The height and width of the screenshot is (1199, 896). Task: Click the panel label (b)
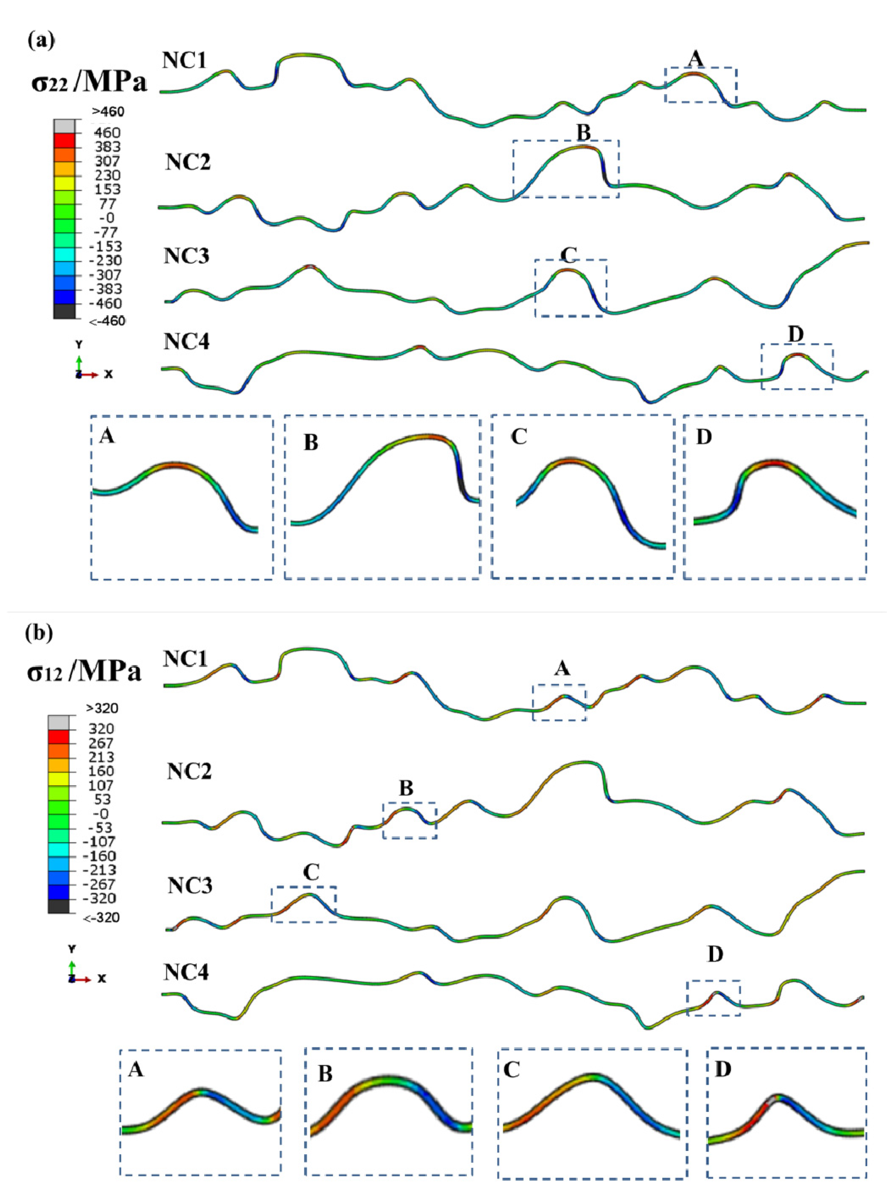(x=39, y=633)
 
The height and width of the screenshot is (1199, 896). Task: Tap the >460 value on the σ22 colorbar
(x=108, y=112)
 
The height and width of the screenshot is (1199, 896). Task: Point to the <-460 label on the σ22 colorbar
(x=107, y=322)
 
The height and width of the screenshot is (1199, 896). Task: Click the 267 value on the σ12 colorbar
(x=101, y=743)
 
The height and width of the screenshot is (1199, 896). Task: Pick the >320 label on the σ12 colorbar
(x=101, y=708)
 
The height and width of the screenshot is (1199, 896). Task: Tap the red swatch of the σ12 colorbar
(x=59, y=737)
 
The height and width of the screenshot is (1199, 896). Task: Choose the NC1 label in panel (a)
(x=185, y=60)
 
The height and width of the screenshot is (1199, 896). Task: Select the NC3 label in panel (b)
(x=190, y=885)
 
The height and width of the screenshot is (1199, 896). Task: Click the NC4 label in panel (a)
(x=186, y=342)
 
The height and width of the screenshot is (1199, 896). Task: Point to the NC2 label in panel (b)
(x=189, y=771)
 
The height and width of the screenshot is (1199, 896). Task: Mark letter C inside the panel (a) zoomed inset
(x=519, y=436)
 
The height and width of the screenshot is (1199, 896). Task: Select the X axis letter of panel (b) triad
(x=101, y=978)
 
